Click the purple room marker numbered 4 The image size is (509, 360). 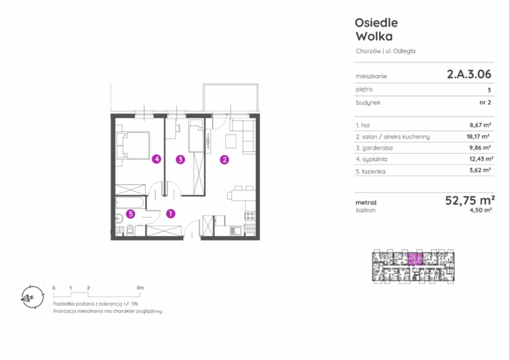(157, 159)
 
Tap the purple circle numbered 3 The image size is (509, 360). (180, 159)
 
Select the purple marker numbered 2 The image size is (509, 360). (224, 159)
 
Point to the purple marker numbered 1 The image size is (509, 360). (171, 213)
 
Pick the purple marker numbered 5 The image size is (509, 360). (131, 214)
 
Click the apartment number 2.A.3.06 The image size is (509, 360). (469, 74)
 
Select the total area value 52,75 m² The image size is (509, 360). (470, 200)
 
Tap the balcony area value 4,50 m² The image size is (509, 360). (481, 210)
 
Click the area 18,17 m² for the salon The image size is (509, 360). (478, 137)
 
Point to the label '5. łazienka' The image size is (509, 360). (370, 172)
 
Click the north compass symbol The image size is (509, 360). (32, 297)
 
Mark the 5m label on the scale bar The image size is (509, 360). (140, 288)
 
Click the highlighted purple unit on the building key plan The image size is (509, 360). (415, 259)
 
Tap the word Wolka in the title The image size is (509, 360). (374, 36)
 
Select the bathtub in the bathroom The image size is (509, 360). (130, 203)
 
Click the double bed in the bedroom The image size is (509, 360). (133, 145)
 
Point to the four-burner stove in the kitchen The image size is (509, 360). (251, 215)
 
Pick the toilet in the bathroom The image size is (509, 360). (130, 229)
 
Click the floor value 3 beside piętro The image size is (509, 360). (489, 90)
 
